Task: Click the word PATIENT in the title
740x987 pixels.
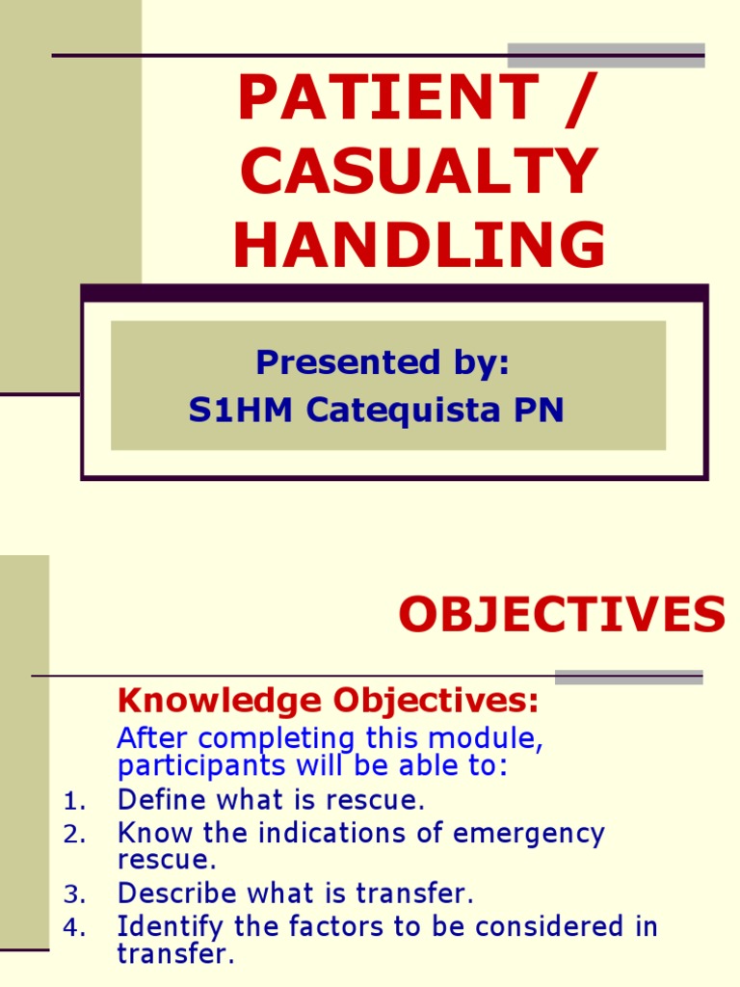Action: click(x=385, y=98)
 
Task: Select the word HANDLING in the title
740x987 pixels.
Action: click(x=419, y=245)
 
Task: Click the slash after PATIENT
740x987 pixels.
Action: click(x=575, y=98)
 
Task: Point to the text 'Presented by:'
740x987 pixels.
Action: click(x=383, y=362)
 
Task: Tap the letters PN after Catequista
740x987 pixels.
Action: click(x=541, y=410)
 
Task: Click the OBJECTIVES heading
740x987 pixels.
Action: click(x=562, y=615)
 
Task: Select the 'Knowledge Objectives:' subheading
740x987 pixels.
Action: click(x=328, y=701)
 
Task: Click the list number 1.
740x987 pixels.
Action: click(x=74, y=801)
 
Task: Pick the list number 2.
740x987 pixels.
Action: click(x=74, y=836)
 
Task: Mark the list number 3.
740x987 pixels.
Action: click(x=74, y=894)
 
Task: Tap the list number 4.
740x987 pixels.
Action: click(x=74, y=929)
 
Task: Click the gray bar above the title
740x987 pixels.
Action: click(x=606, y=54)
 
